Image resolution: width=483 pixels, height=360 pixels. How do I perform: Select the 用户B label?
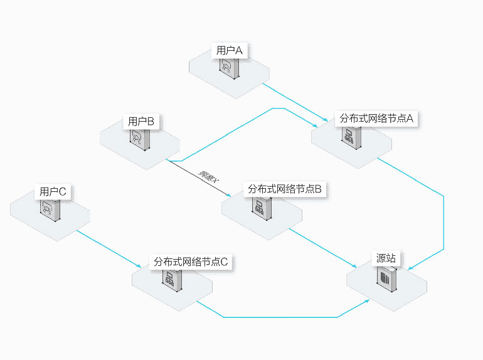point(141,121)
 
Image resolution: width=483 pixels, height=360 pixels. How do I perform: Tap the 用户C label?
point(53,191)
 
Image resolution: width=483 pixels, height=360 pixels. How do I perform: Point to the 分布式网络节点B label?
point(285,189)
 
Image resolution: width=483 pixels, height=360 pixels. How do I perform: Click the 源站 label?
point(386,258)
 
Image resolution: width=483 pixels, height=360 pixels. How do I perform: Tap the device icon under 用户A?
point(228,70)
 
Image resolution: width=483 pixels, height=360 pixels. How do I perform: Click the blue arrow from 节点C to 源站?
point(276,317)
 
